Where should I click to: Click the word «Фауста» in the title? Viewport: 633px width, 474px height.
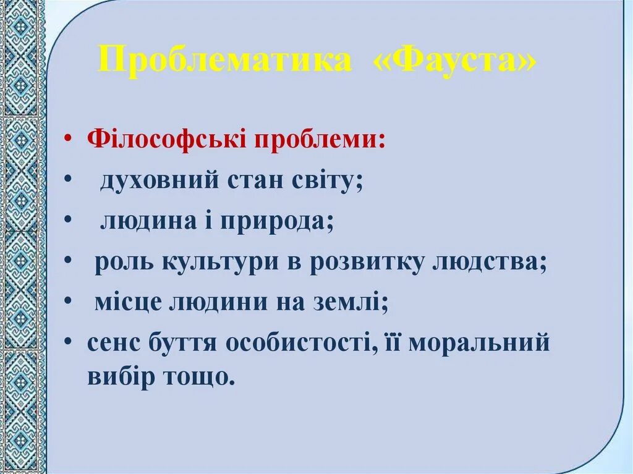click(452, 61)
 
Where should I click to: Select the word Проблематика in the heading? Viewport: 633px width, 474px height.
click(225, 61)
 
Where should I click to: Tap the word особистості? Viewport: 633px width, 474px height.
click(302, 343)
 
